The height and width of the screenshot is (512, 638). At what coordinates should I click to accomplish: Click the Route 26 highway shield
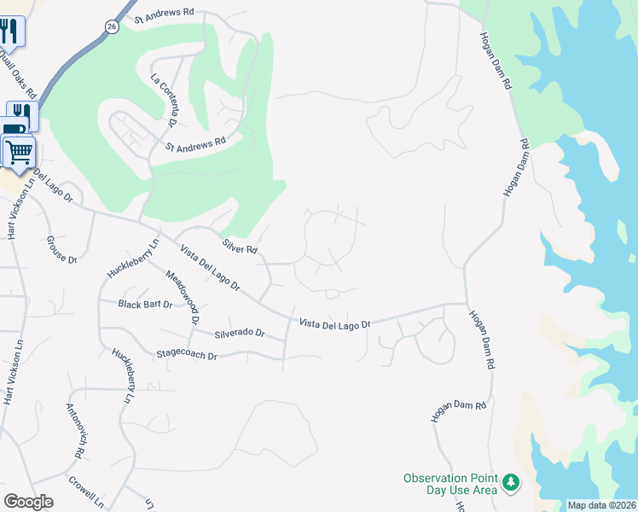point(112,27)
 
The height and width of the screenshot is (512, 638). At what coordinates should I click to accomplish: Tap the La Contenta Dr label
point(159,97)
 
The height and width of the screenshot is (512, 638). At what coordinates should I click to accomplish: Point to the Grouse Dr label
point(61,249)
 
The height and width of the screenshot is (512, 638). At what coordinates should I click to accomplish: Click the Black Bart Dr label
point(145,305)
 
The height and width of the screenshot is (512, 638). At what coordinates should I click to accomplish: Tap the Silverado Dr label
point(240,333)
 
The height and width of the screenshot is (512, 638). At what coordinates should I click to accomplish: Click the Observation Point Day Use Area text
point(449,484)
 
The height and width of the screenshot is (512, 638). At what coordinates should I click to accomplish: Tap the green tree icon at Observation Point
point(511,484)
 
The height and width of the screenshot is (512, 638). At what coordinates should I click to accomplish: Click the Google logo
point(28,501)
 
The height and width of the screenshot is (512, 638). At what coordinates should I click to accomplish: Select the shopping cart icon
point(19,153)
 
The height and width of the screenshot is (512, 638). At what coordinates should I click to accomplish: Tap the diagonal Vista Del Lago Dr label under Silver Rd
point(210,266)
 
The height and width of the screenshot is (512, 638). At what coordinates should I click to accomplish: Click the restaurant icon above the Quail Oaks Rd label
point(10,32)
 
